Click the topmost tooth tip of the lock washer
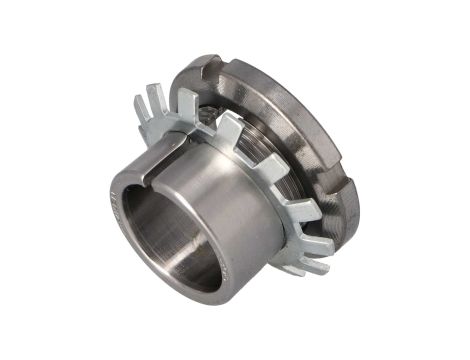click(160, 91)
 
